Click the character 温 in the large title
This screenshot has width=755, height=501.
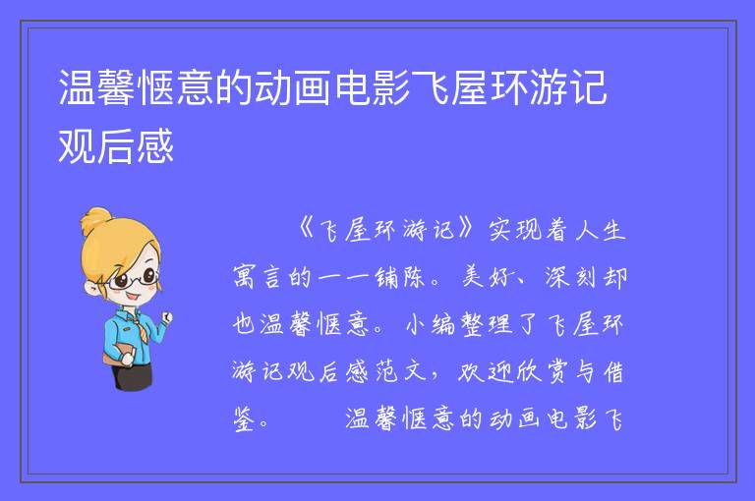[77, 87]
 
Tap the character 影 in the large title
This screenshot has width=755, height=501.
[392, 87]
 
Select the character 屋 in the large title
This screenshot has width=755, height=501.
[471, 87]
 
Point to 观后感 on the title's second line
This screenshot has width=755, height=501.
[116, 145]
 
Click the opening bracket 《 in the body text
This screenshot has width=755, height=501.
[307, 230]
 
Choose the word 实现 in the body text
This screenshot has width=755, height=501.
[514, 230]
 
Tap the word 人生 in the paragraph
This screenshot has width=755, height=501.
[601, 230]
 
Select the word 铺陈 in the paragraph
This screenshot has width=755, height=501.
[400, 277]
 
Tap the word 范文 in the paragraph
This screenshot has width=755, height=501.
[401, 371]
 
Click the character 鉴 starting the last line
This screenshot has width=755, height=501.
[244, 418]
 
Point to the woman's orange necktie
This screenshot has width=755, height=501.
[141, 328]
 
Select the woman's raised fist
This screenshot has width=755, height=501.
[166, 317]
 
